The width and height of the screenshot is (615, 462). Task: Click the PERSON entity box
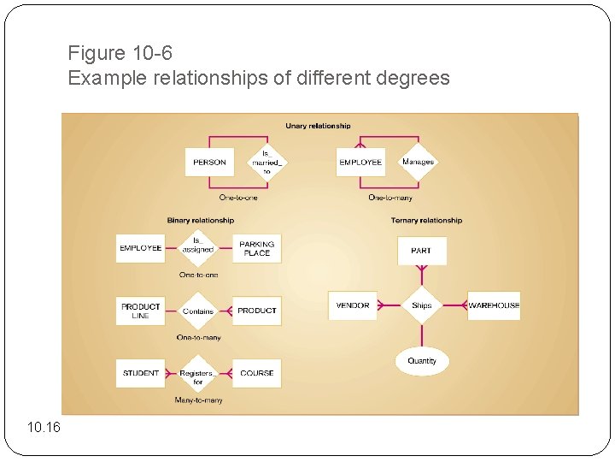pos(209,163)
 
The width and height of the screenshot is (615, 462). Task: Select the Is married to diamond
pos(266,163)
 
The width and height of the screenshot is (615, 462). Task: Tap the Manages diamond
pos(418,162)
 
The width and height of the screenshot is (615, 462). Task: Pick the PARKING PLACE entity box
pos(256,248)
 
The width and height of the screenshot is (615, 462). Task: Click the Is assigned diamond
pos(198,248)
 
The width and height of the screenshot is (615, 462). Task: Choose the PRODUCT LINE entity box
pos(141,311)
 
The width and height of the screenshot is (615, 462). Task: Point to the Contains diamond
pos(198,311)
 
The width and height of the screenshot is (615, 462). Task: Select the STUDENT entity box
pos(141,373)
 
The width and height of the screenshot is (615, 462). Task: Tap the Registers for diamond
pos(198,374)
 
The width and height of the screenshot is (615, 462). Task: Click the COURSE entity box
pos(256,373)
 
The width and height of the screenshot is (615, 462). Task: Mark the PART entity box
pos(421,251)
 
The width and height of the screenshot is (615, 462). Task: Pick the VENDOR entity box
pos(353,305)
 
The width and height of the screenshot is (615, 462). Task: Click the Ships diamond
pos(421,305)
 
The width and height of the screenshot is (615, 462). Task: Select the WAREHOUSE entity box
pos(494,305)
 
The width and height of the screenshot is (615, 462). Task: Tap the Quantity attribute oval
pos(421,361)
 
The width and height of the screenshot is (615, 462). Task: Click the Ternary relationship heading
pos(427,221)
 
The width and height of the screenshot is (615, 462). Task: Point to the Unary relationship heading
pos(318,126)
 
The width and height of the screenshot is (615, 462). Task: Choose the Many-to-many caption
pos(198,400)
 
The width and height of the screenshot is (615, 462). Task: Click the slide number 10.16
pos(44,427)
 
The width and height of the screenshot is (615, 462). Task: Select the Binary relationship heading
pos(200,221)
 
